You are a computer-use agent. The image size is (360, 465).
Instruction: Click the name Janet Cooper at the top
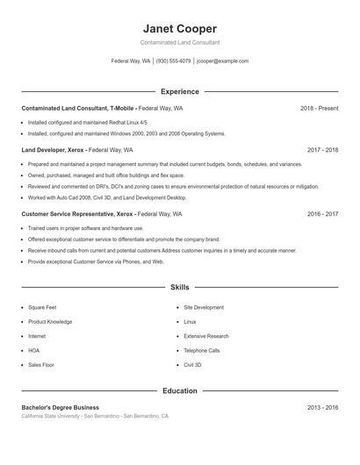point(179,28)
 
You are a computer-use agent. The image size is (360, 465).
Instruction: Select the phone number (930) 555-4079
point(173,61)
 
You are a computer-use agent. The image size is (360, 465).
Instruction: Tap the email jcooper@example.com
point(223,61)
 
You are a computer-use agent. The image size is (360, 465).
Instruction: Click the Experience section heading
point(179,91)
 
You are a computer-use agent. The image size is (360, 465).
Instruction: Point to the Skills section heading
point(179,287)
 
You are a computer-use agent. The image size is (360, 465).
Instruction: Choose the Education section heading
point(179,390)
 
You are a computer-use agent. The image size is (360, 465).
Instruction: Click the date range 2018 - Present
point(319,108)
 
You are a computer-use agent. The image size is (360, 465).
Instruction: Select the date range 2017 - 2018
point(322,150)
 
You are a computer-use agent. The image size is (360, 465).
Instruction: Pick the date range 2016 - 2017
point(322,213)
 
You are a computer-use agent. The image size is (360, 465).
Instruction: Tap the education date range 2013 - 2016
point(322,407)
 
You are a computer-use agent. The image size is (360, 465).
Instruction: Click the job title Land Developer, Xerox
point(54,150)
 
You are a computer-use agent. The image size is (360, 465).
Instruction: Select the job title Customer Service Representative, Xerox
point(78,213)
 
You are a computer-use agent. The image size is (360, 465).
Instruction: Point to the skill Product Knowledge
point(50,322)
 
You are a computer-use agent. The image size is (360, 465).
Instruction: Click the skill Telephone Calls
point(202,350)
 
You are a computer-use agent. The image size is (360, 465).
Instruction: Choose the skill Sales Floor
point(41,364)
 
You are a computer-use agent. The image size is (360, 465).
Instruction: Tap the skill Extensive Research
point(206,336)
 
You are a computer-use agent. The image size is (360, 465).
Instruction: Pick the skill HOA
point(34,350)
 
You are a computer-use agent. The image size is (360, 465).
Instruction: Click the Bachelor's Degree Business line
point(60,407)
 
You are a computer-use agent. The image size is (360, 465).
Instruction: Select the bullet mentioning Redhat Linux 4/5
point(88,122)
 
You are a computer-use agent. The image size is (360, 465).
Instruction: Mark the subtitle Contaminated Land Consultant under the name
point(179,42)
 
